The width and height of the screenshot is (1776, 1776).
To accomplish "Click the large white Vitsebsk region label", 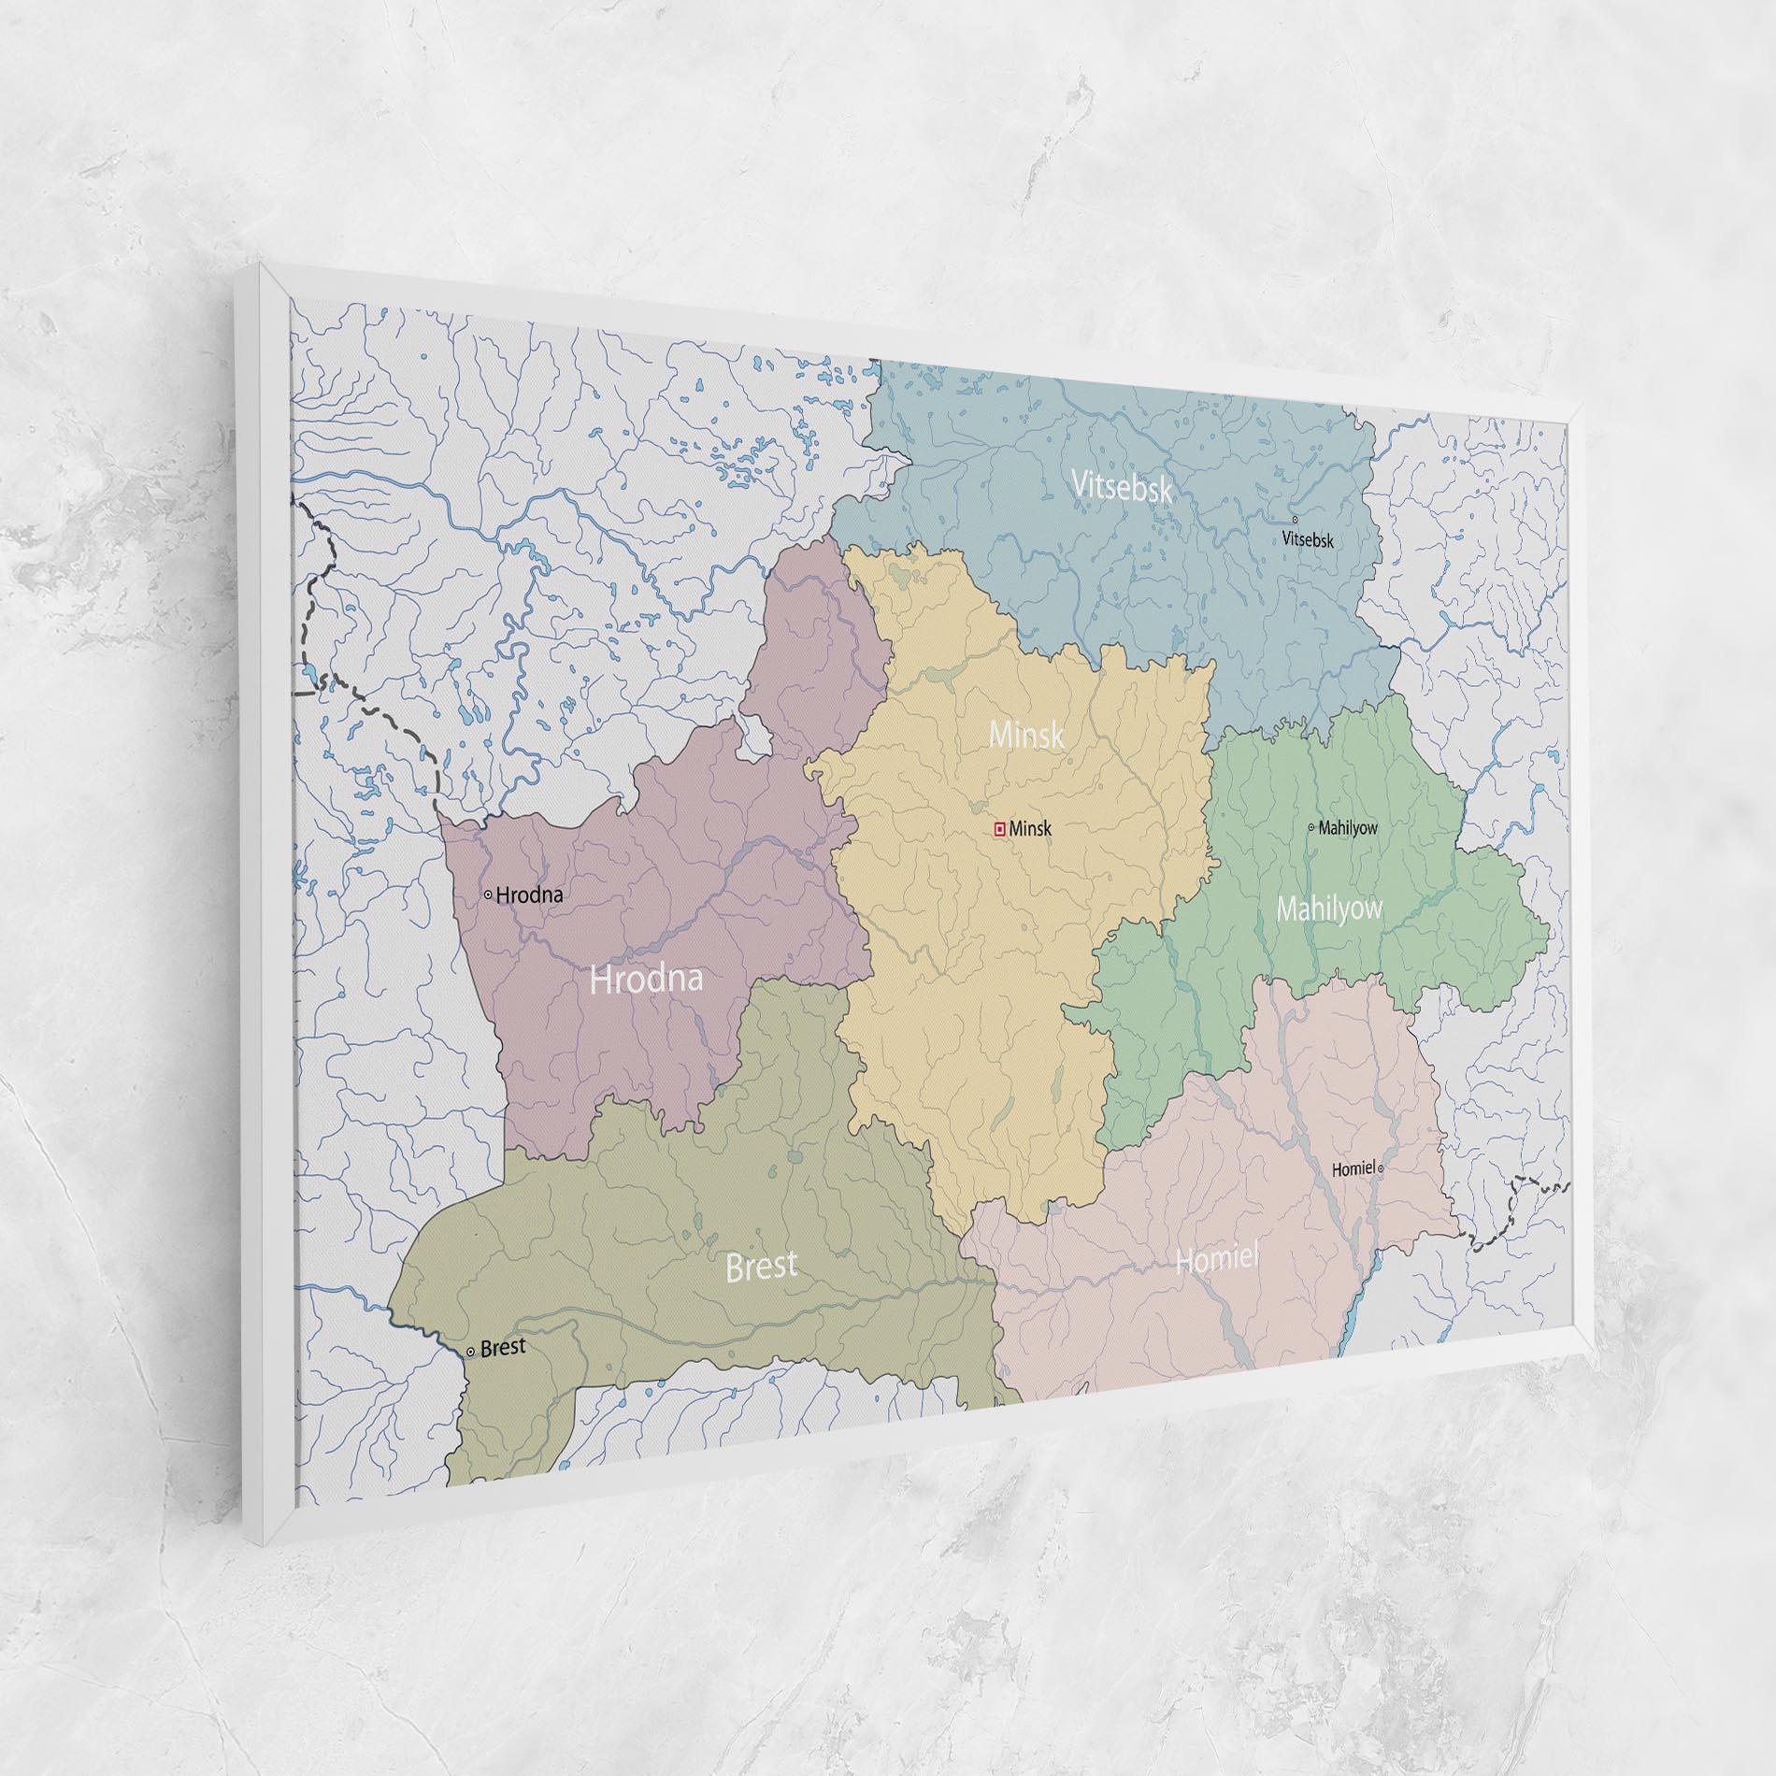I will (1121, 487).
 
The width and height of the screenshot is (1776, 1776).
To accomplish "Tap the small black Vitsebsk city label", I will (1308, 539).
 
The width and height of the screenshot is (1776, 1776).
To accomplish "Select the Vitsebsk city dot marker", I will (1295, 520).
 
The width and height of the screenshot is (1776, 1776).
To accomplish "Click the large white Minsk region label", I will (1026, 735).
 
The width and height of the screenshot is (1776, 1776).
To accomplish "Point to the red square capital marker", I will (999, 827).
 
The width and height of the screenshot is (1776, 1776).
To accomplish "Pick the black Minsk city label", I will (1031, 828).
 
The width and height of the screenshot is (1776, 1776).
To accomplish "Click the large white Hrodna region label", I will (646, 979).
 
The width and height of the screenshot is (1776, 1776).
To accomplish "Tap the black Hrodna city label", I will (530, 895).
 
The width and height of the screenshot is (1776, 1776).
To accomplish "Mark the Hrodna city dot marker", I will (488, 895).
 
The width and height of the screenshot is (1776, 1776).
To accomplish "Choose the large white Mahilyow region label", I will (1329, 909).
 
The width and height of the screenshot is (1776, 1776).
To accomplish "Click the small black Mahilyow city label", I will (1348, 827).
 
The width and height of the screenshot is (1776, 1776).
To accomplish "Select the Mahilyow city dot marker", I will (1311, 826).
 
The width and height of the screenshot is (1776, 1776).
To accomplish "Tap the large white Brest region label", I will (762, 1266).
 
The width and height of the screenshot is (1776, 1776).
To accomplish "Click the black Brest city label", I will (503, 1348).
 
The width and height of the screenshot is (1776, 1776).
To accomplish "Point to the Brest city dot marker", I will (470, 1352).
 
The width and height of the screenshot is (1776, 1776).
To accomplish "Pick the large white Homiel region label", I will (1217, 1260).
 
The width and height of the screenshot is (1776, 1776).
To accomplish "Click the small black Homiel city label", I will (1353, 1168).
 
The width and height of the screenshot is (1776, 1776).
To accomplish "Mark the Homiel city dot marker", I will (1381, 1168).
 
